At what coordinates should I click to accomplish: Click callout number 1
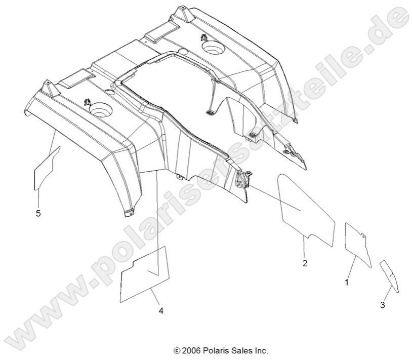(347, 282)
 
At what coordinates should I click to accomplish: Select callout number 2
(305, 263)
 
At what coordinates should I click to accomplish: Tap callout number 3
(383, 304)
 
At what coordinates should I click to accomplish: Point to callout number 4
(161, 310)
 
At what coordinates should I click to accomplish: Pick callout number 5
(38, 213)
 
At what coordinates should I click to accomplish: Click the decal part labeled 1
(356, 241)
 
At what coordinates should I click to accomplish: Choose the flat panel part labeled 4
(145, 276)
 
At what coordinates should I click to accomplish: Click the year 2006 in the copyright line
(191, 350)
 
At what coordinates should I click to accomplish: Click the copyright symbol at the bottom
(177, 350)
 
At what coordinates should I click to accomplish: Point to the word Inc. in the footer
(261, 350)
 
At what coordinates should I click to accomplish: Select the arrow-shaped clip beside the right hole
(203, 38)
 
